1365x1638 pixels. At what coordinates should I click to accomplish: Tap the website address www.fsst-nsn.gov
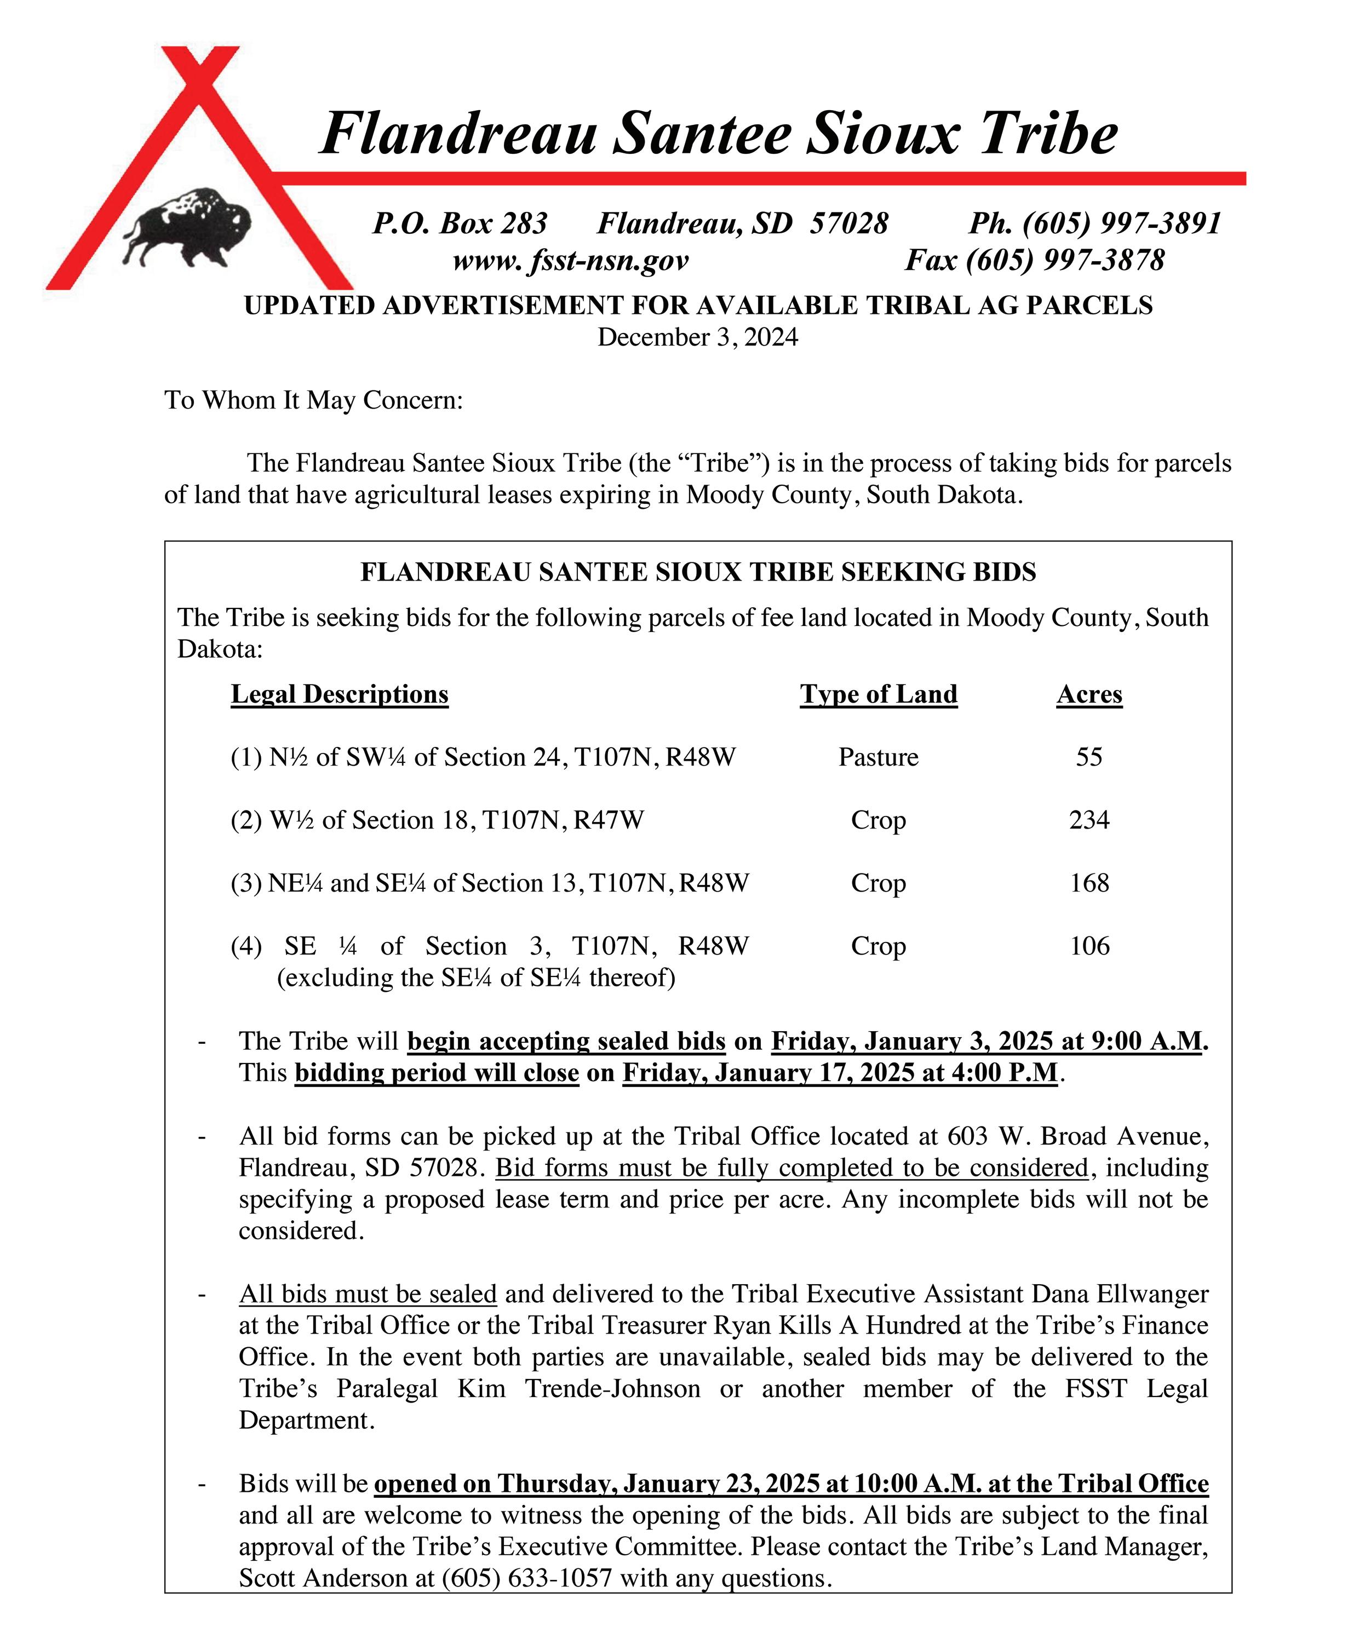[x=570, y=260]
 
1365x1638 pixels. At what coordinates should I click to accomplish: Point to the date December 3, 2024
[x=697, y=337]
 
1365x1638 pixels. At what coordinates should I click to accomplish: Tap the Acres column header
[x=1089, y=694]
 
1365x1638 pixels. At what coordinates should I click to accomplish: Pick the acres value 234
[x=1089, y=820]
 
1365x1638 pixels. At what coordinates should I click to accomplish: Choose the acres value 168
[x=1089, y=883]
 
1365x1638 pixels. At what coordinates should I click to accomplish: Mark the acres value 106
[x=1089, y=946]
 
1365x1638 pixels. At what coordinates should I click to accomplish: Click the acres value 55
[x=1089, y=757]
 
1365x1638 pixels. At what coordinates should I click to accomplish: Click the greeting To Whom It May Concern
[x=313, y=400]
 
